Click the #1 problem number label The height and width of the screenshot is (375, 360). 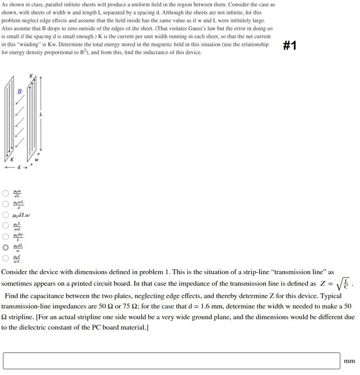point(290,45)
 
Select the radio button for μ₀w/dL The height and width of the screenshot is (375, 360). point(6,193)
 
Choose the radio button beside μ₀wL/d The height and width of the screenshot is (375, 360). point(6,204)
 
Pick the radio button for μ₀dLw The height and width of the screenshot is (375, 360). point(6,215)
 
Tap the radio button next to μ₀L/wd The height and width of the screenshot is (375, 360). point(6,226)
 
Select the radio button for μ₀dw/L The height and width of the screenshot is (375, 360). point(6,236)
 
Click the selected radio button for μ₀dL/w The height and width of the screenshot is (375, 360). point(6,247)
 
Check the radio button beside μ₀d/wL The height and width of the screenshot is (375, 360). point(6,258)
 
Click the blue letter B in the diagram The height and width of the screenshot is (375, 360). point(20,91)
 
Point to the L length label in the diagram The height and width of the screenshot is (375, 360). point(41,114)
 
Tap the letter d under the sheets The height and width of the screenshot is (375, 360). point(18,167)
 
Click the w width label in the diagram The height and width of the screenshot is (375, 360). point(36,160)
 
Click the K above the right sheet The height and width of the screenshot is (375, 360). point(31,76)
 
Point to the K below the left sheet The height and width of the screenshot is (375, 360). point(12,159)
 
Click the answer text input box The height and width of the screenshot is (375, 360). point(171,361)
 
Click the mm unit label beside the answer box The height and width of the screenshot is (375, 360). point(349,361)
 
